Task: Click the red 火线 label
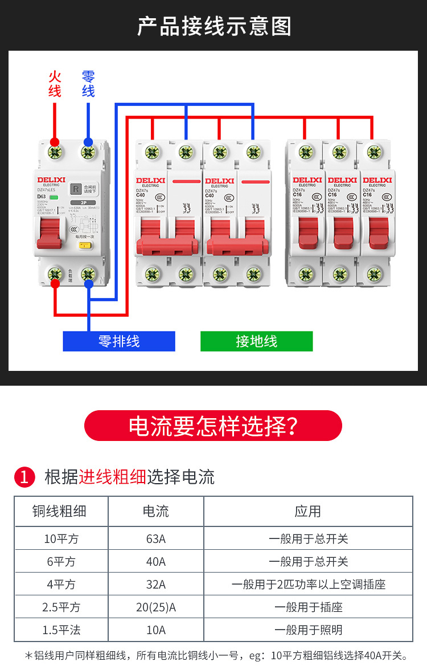tap(55, 84)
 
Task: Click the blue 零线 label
tap(88, 84)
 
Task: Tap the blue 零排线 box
tap(119, 341)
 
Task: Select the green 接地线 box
tap(256, 341)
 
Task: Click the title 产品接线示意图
tap(213, 26)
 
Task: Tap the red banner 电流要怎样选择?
tap(213, 426)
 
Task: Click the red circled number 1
tap(24, 477)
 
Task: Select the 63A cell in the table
tap(155, 538)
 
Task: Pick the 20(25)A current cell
tap(155, 607)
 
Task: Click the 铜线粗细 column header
tap(61, 511)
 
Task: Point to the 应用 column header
tap(308, 511)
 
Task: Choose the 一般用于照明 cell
tap(308, 630)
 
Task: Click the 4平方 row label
tap(61, 585)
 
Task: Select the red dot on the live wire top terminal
tap(55, 142)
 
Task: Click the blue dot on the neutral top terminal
tap(88, 142)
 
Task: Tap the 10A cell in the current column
tap(155, 630)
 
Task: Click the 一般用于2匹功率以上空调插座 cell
tap(308, 585)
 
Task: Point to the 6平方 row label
tap(61, 562)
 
